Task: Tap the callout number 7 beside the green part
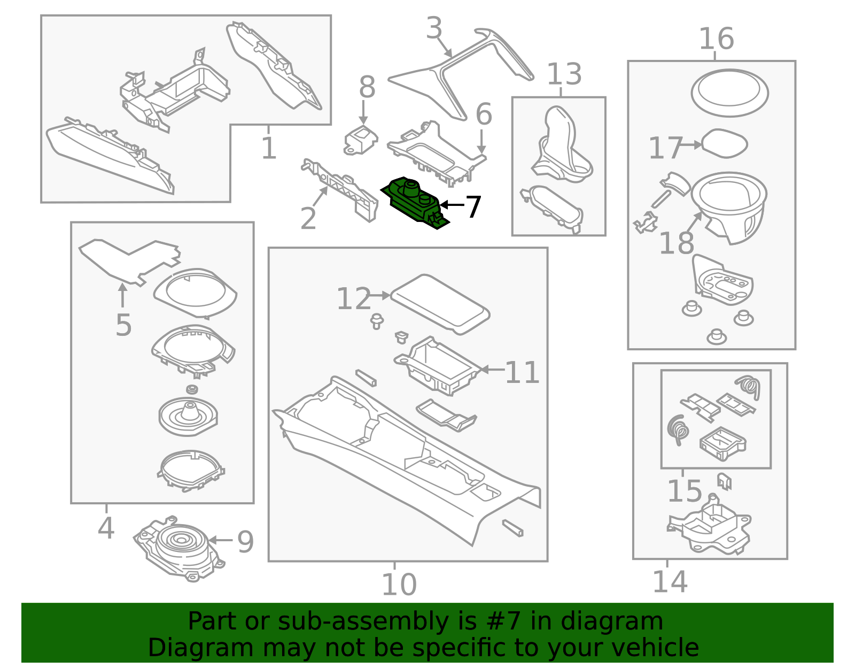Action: coord(473,207)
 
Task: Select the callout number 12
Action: coord(353,299)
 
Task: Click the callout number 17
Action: coord(665,148)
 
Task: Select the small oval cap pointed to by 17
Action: coord(724,143)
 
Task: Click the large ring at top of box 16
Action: coord(729,93)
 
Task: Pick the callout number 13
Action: coord(564,74)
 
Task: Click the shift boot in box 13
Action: coord(561,144)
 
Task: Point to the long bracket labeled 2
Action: coord(342,187)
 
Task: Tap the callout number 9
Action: coord(245,542)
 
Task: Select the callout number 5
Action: coord(123,325)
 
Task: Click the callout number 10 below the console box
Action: coord(399,585)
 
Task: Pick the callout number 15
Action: coord(684,491)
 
